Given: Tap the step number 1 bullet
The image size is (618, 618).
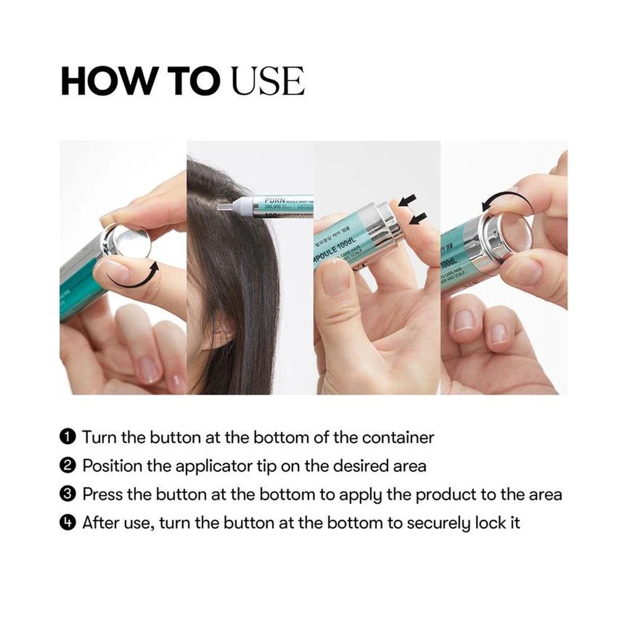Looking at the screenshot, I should [x=67, y=437].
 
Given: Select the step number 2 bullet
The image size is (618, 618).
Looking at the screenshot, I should [x=67, y=465].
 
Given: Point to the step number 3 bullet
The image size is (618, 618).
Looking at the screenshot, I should [x=67, y=494].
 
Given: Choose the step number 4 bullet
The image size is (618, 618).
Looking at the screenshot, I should [x=67, y=523].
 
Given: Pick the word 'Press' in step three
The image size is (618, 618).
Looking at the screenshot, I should [x=101, y=494].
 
